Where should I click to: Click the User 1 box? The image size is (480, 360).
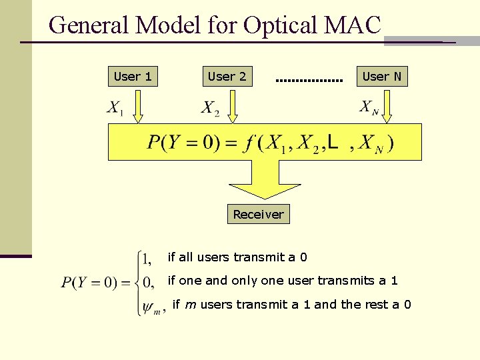[133, 77]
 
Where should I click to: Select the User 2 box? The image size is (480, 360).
[227, 77]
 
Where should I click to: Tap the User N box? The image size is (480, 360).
[381, 77]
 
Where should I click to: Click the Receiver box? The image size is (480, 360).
[258, 214]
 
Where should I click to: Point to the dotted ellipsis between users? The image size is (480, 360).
[309, 81]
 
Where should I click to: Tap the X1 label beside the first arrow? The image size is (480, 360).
[115, 108]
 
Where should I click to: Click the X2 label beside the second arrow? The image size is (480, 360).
[210, 108]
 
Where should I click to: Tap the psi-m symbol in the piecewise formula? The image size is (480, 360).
[151, 307]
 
